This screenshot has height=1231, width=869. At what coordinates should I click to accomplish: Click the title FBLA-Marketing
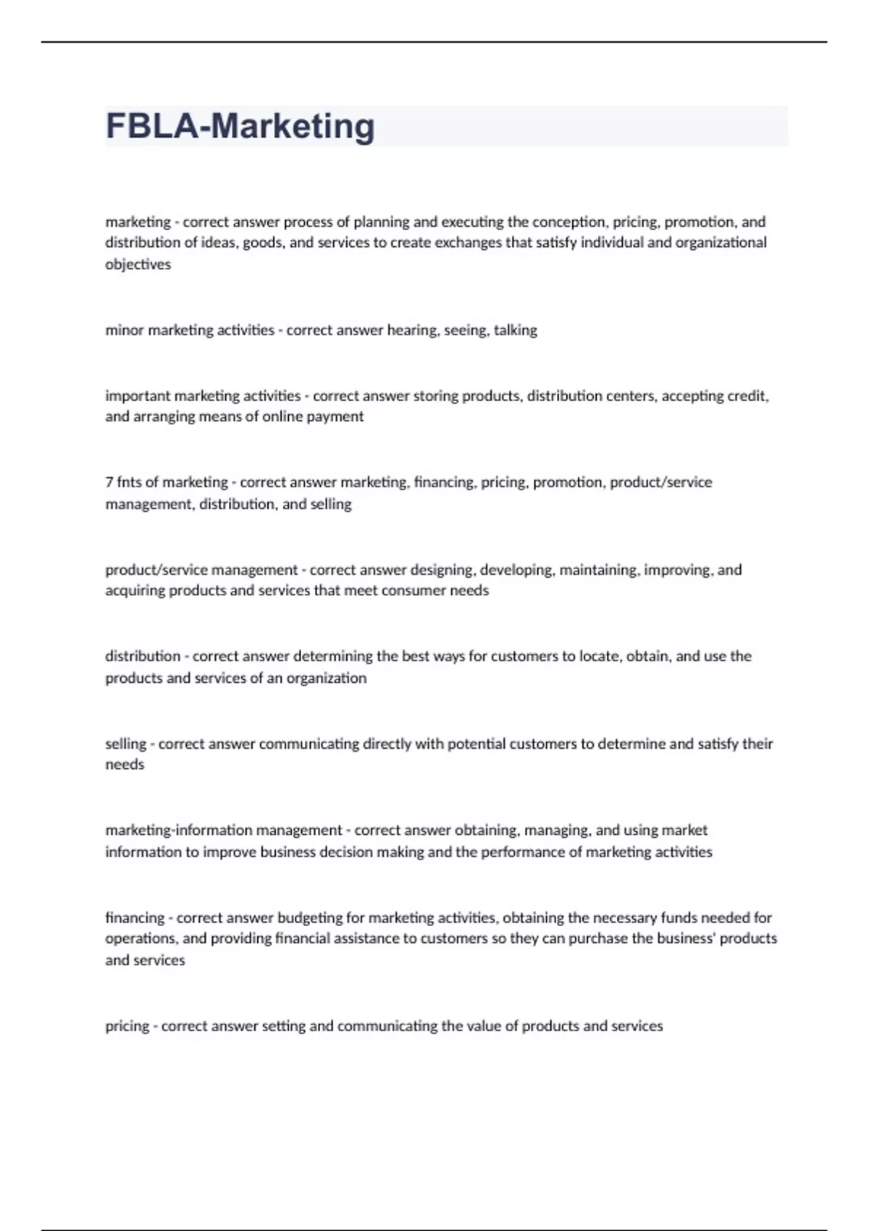(240, 126)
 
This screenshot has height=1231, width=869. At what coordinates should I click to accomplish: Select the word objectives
(138, 264)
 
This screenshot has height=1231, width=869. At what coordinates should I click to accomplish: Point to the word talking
(516, 330)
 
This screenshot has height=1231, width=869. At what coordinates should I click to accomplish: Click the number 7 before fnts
(109, 482)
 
